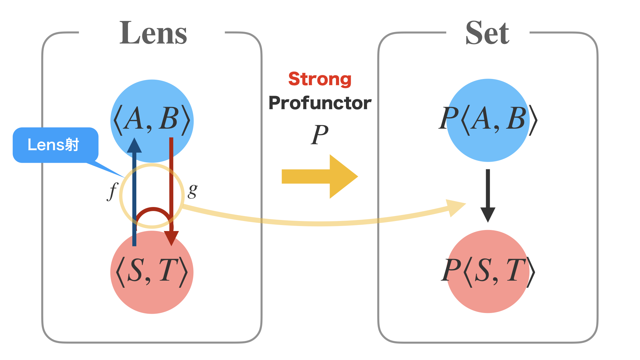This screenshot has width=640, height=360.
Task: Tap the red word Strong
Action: tap(320, 79)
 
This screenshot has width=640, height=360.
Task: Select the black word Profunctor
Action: tap(320, 103)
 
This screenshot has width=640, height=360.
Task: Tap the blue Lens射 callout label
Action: tap(53, 145)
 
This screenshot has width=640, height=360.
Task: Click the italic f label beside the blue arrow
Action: tap(113, 191)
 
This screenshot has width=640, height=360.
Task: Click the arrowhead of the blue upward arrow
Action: tap(134, 146)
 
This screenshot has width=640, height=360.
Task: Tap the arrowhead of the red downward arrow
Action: tap(171, 238)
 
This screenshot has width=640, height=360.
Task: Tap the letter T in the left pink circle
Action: tap(168, 270)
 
